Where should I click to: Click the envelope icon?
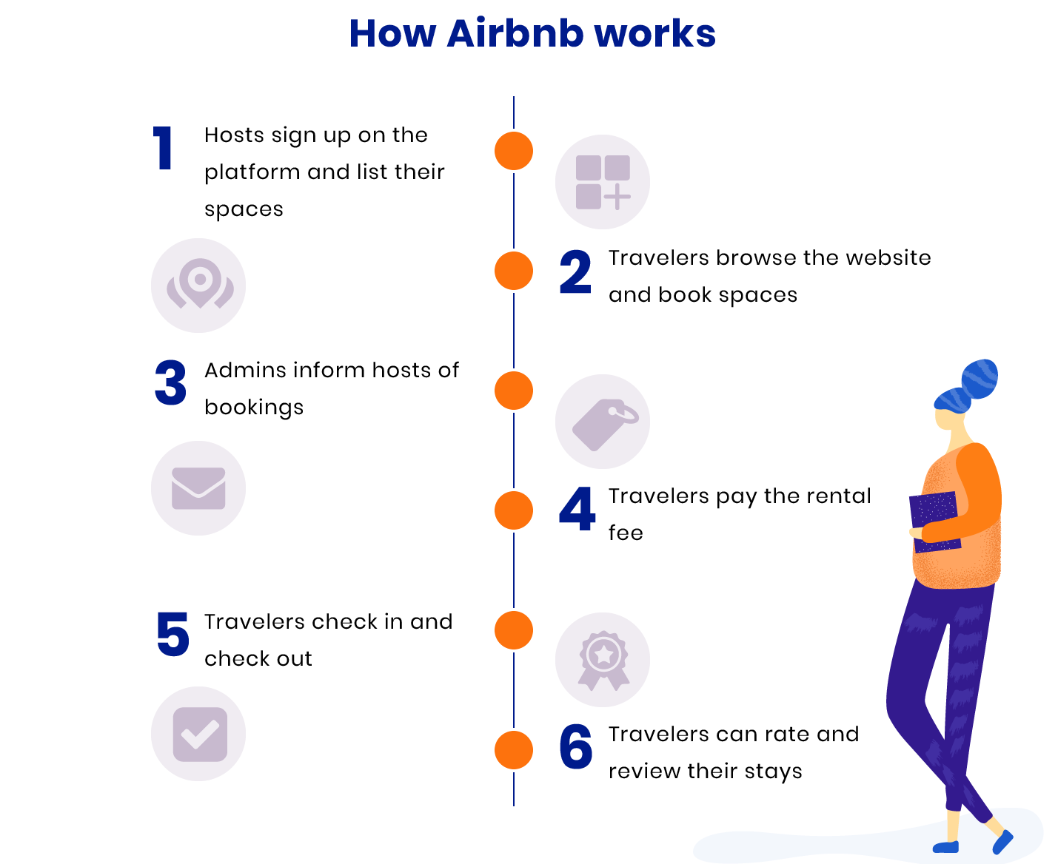point(198,488)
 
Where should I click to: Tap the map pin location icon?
point(198,285)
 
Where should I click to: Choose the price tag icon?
point(603,422)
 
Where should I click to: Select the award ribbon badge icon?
point(603,660)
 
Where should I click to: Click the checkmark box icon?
point(198,734)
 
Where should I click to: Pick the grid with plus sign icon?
point(603,182)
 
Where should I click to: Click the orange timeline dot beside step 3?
point(514,391)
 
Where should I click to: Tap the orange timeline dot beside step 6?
point(514,750)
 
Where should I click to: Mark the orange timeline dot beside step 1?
point(514,151)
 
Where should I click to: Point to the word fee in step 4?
point(626,533)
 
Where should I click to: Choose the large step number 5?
point(173,634)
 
